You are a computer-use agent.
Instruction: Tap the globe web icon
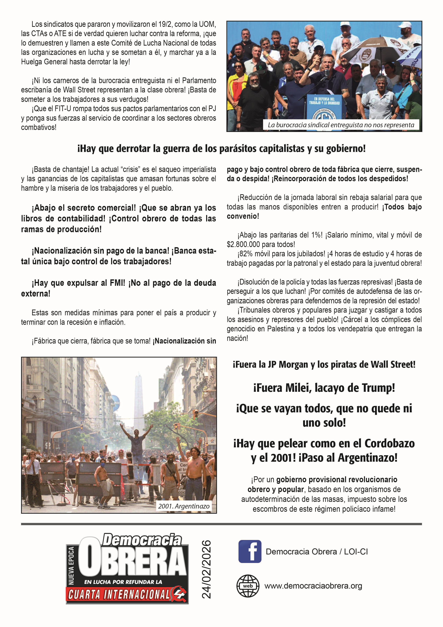pos(248,586)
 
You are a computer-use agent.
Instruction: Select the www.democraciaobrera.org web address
pos(313,586)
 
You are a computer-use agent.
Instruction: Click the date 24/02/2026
pos(206,569)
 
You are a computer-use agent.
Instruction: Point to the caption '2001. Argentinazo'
pos(184,506)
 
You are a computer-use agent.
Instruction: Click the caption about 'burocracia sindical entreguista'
pos(341,125)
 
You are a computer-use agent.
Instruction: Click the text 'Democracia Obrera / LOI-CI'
pos(317,552)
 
